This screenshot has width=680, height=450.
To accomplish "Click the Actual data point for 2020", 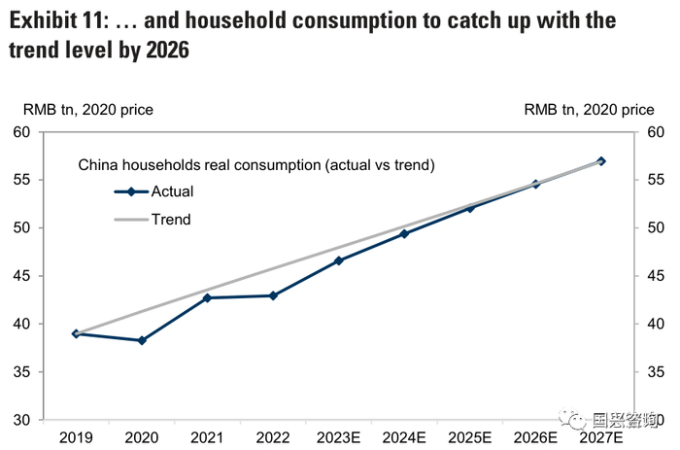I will click(142, 340).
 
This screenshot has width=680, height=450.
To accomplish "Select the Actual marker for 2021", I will click(207, 297).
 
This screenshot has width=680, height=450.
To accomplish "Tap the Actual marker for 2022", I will click(273, 295).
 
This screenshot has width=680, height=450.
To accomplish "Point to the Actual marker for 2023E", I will click(339, 260).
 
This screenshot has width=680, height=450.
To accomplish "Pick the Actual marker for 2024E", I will click(404, 233).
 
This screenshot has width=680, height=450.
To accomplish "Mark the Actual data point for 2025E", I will click(470, 207).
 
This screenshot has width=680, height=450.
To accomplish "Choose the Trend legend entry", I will click(170, 220).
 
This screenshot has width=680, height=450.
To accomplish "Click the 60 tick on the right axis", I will click(655, 132).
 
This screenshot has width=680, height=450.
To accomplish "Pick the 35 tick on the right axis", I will click(655, 372).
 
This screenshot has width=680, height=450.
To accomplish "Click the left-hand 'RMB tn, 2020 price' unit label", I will click(81, 111).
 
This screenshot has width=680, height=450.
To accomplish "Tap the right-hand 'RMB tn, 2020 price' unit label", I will click(589, 111).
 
